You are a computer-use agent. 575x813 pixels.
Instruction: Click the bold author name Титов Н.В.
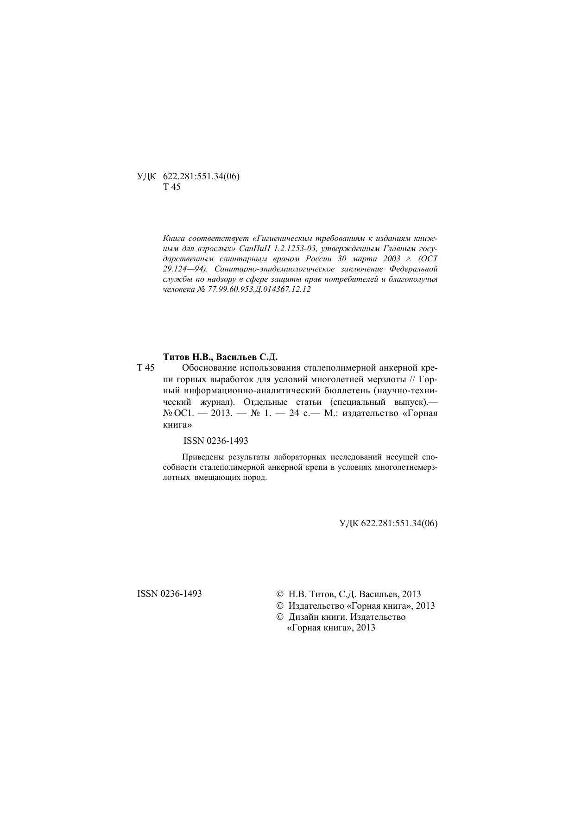click(188, 357)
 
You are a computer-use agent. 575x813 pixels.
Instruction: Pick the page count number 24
click(294, 413)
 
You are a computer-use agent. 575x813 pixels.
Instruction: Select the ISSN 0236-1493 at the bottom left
click(170, 594)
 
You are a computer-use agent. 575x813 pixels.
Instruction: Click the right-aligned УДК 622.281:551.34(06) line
click(388, 523)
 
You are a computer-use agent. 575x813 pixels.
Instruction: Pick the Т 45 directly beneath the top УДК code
click(172, 188)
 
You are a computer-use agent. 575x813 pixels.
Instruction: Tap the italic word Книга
click(174, 239)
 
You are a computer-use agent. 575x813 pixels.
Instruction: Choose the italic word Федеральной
click(413, 269)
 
